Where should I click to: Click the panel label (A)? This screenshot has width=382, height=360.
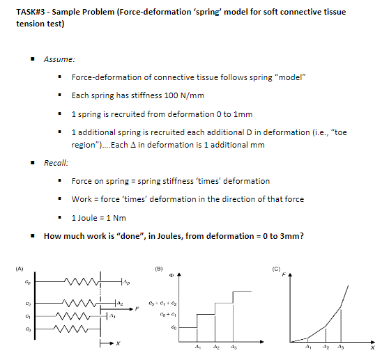(x=20, y=266)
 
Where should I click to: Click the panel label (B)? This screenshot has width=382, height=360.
(x=160, y=266)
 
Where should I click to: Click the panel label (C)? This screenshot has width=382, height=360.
(x=277, y=266)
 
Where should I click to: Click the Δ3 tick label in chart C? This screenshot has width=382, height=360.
(x=340, y=346)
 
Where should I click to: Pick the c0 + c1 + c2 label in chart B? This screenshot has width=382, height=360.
(x=169, y=304)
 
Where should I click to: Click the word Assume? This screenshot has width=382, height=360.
(x=59, y=59)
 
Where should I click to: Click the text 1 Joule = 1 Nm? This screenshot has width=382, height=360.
(x=102, y=217)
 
